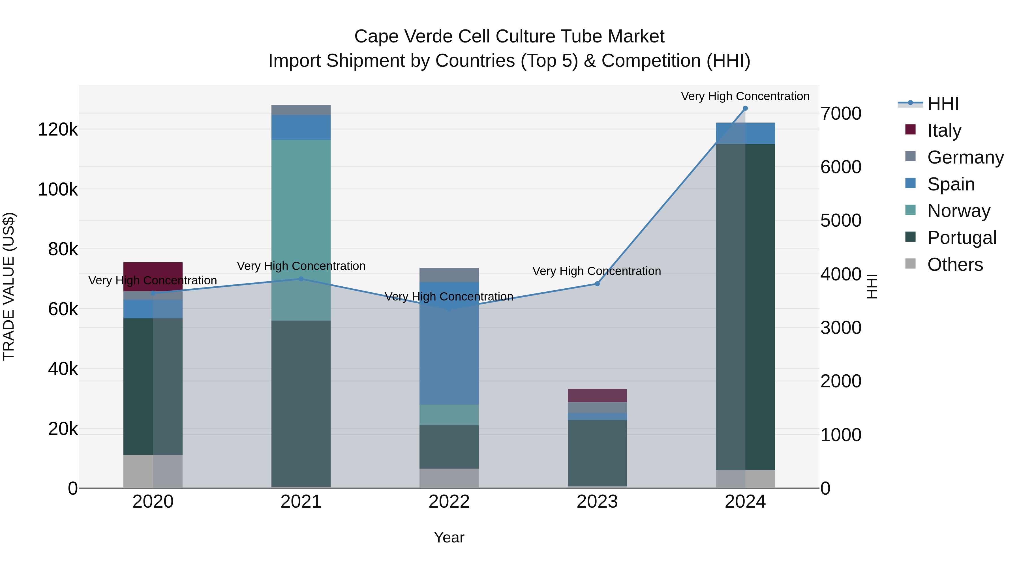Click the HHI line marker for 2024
(x=745, y=108)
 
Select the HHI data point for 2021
(x=301, y=279)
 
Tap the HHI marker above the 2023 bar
(x=597, y=284)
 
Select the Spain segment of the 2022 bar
(x=449, y=343)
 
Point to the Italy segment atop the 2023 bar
(x=597, y=396)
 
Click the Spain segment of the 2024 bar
(x=745, y=133)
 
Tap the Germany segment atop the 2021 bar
(x=301, y=110)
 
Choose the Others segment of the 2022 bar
(x=449, y=478)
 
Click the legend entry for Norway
(x=958, y=211)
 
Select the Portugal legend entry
(x=961, y=238)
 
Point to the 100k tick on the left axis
(x=58, y=189)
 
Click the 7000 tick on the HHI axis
(x=841, y=113)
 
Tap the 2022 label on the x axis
(x=449, y=502)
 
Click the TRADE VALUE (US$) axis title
(x=9, y=286)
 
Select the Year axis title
(x=449, y=537)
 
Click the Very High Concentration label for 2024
(x=745, y=96)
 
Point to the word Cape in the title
(x=376, y=37)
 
